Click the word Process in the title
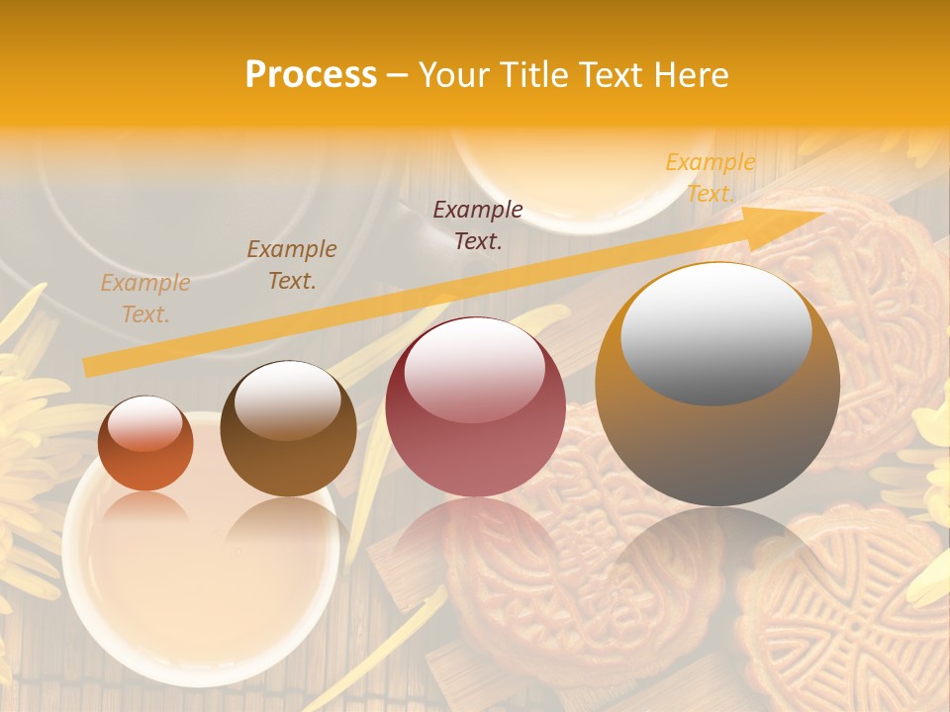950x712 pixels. click(x=311, y=75)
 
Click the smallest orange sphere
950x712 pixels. click(x=145, y=443)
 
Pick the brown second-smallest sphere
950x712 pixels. click(x=288, y=429)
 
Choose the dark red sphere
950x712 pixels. click(x=475, y=406)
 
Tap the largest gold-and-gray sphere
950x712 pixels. click(x=717, y=385)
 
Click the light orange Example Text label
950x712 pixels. click(x=145, y=299)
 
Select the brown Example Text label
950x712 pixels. click(x=292, y=265)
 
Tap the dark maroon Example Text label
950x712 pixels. click(x=478, y=224)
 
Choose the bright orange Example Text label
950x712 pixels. click(x=710, y=178)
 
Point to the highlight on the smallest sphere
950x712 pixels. click(x=144, y=423)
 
